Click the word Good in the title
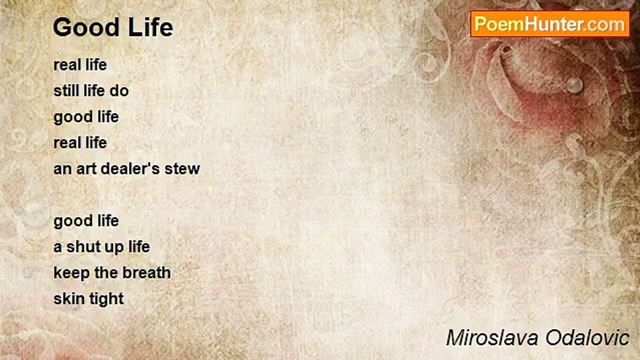tap(86, 27)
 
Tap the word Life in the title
tap(150, 27)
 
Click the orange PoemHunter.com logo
tap(549, 24)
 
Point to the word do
tap(119, 91)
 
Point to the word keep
tap(71, 273)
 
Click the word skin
tap(69, 298)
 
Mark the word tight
tap(106, 299)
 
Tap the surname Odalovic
tap(587, 338)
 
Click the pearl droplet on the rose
tap(574, 84)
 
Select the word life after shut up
tap(139, 246)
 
